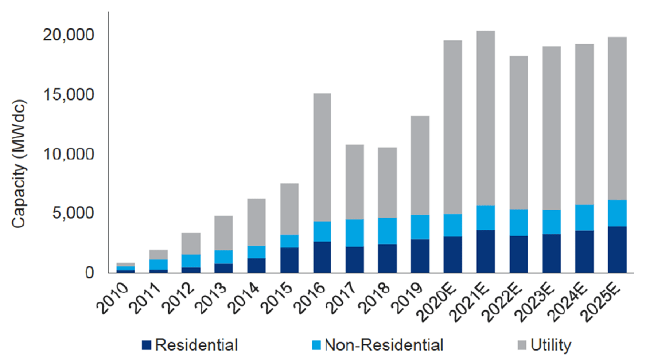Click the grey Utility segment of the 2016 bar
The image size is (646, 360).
tap(322, 157)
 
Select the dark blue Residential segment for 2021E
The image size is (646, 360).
tap(486, 251)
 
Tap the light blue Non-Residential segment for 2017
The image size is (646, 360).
tap(355, 233)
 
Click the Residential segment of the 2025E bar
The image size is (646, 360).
tap(617, 250)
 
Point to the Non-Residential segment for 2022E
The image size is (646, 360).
tap(518, 222)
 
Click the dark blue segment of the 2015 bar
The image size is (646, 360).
tap(289, 260)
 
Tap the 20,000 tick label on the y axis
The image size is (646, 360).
tap(68, 35)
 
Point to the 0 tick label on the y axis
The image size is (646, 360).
tap(89, 273)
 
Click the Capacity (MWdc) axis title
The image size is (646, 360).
tap(19, 164)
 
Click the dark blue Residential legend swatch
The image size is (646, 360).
tap(147, 345)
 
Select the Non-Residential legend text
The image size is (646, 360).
tap(384, 345)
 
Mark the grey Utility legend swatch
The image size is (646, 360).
tap(522, 345)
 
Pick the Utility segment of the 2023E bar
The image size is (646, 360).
tap(551, 128)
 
